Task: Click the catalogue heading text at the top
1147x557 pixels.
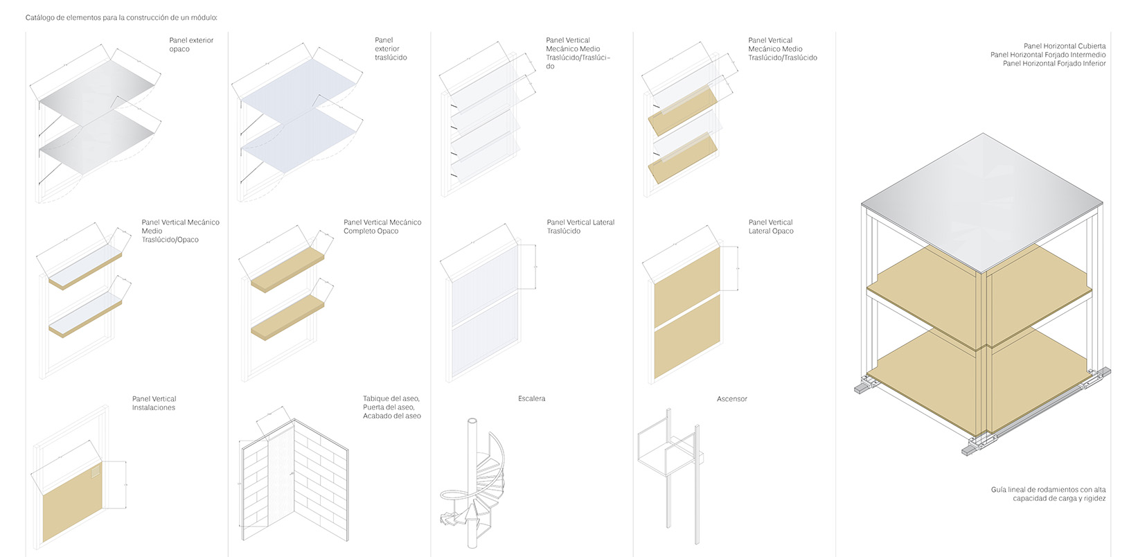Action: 121,18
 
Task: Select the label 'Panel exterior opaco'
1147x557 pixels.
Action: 191,44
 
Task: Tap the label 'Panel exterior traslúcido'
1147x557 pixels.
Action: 391,48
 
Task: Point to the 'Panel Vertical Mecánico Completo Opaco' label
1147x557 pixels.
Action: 382,227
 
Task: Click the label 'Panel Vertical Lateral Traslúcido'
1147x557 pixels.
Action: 580,227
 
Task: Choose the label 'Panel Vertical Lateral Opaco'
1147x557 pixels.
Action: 771,227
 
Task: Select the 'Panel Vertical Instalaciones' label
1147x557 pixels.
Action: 154,403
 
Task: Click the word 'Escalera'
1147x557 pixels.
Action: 531,398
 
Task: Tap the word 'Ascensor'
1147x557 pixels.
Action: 731,399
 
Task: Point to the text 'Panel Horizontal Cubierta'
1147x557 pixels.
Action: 1065,46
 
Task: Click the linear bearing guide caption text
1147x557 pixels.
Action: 1048,494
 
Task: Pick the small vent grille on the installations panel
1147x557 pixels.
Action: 96,472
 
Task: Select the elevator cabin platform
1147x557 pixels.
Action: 666,461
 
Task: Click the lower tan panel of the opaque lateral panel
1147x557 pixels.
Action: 687,350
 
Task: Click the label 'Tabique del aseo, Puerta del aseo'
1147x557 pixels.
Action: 391,403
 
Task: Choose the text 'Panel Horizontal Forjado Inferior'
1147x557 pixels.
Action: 1054,64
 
